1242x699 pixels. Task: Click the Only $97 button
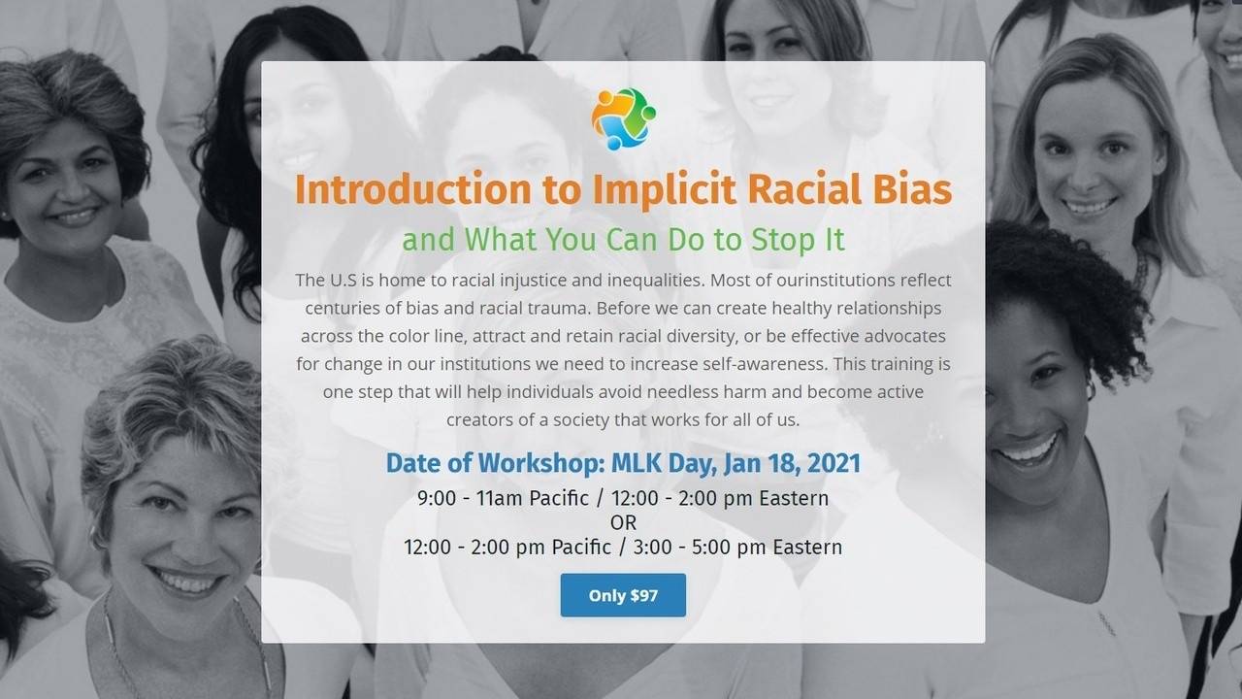click(x=623, y=595)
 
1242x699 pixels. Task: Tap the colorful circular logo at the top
click(x=623, y=118)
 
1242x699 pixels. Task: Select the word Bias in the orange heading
click(x=906, y=189)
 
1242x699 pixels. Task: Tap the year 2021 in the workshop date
click(x=831, y=463)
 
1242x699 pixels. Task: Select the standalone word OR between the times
click(x=623, y=522)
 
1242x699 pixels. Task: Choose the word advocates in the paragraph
click(x=904, y=336)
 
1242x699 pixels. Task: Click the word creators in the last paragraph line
click(x=479, y=419)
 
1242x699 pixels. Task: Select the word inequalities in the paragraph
click(x=656, y=280)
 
